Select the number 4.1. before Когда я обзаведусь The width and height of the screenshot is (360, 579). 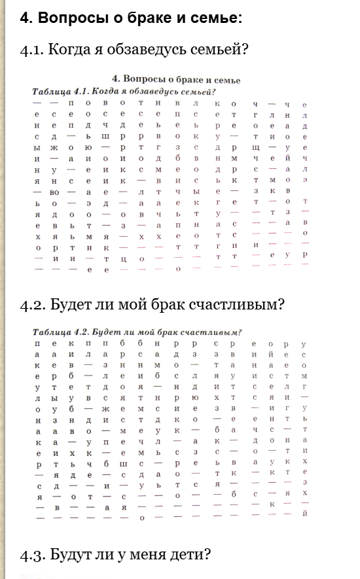pyautogui.click(x=32, y=49)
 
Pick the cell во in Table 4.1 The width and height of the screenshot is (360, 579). pyautogui.click(x=54, y=193)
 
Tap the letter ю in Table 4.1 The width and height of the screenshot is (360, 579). pyautogui.click(x=88, y=149)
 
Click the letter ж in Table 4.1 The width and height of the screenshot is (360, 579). pyautogui.click(x=54, y=149)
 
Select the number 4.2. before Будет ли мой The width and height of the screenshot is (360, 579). pyautogui.click(x=32, y=305)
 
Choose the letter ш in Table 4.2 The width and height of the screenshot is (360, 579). pyautogui.click(x=122, y=465)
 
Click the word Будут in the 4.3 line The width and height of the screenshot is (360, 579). pyautogui.click(x=69, y=555)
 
